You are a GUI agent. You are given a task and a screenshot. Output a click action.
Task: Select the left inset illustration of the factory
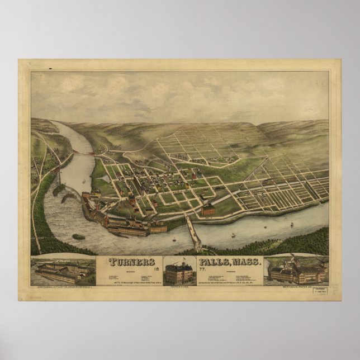[62, 270]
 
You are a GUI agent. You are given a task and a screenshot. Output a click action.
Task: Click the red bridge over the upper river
[86, 151]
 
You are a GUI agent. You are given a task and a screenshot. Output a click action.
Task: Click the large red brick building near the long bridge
[208, 210]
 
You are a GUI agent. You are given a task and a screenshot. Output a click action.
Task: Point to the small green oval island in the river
[79, 237]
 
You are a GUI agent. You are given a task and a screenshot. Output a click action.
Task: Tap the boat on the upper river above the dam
[84, 180]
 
